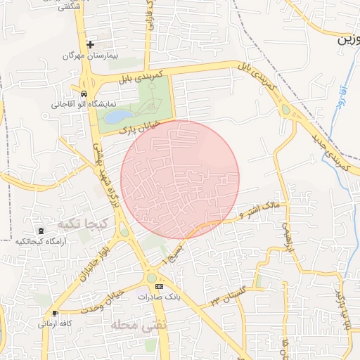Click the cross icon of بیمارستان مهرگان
pos(90,44)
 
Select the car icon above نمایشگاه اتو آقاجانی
pos(84,94)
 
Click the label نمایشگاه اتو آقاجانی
pos(77,104)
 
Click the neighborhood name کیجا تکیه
pos(81,224)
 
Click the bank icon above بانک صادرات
pos(159,287)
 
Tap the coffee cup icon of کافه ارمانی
pos(55,313)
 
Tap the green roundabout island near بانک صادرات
pos(152,279)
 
